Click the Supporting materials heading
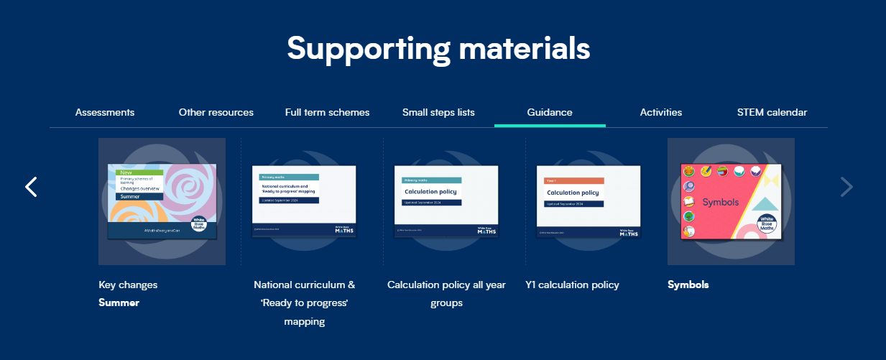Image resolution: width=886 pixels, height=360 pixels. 438,48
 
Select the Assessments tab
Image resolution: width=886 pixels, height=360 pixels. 105,112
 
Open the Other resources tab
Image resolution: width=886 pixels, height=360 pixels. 216,112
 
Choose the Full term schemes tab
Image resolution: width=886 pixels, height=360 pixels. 327,112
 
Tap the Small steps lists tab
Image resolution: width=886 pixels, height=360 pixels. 438,112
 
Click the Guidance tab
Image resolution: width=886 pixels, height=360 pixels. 550,112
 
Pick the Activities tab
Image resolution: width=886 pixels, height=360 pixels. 661,112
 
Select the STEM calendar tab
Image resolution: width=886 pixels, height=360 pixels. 772,112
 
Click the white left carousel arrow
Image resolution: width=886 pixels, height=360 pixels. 31,187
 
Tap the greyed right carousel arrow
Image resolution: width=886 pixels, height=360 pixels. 846,187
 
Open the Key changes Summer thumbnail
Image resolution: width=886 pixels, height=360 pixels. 162,201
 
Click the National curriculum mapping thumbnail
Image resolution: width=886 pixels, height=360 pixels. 304,201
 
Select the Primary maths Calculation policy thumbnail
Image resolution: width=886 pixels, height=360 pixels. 446,201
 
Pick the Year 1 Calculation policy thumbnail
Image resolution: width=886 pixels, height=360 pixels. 589,201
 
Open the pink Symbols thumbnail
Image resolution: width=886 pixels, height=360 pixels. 731,201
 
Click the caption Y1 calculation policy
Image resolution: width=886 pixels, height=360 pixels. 572,285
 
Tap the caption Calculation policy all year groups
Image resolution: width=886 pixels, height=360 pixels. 446,293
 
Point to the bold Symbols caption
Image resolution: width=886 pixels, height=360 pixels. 688,285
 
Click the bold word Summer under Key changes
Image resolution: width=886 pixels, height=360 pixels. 119,303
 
